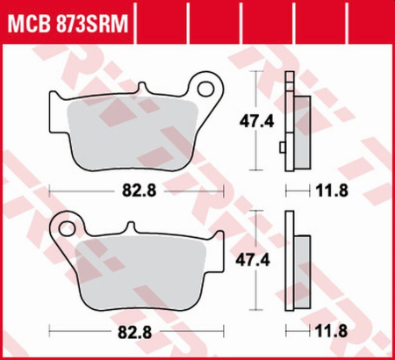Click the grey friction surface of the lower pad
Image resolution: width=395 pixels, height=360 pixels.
[x=140, y=268]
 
